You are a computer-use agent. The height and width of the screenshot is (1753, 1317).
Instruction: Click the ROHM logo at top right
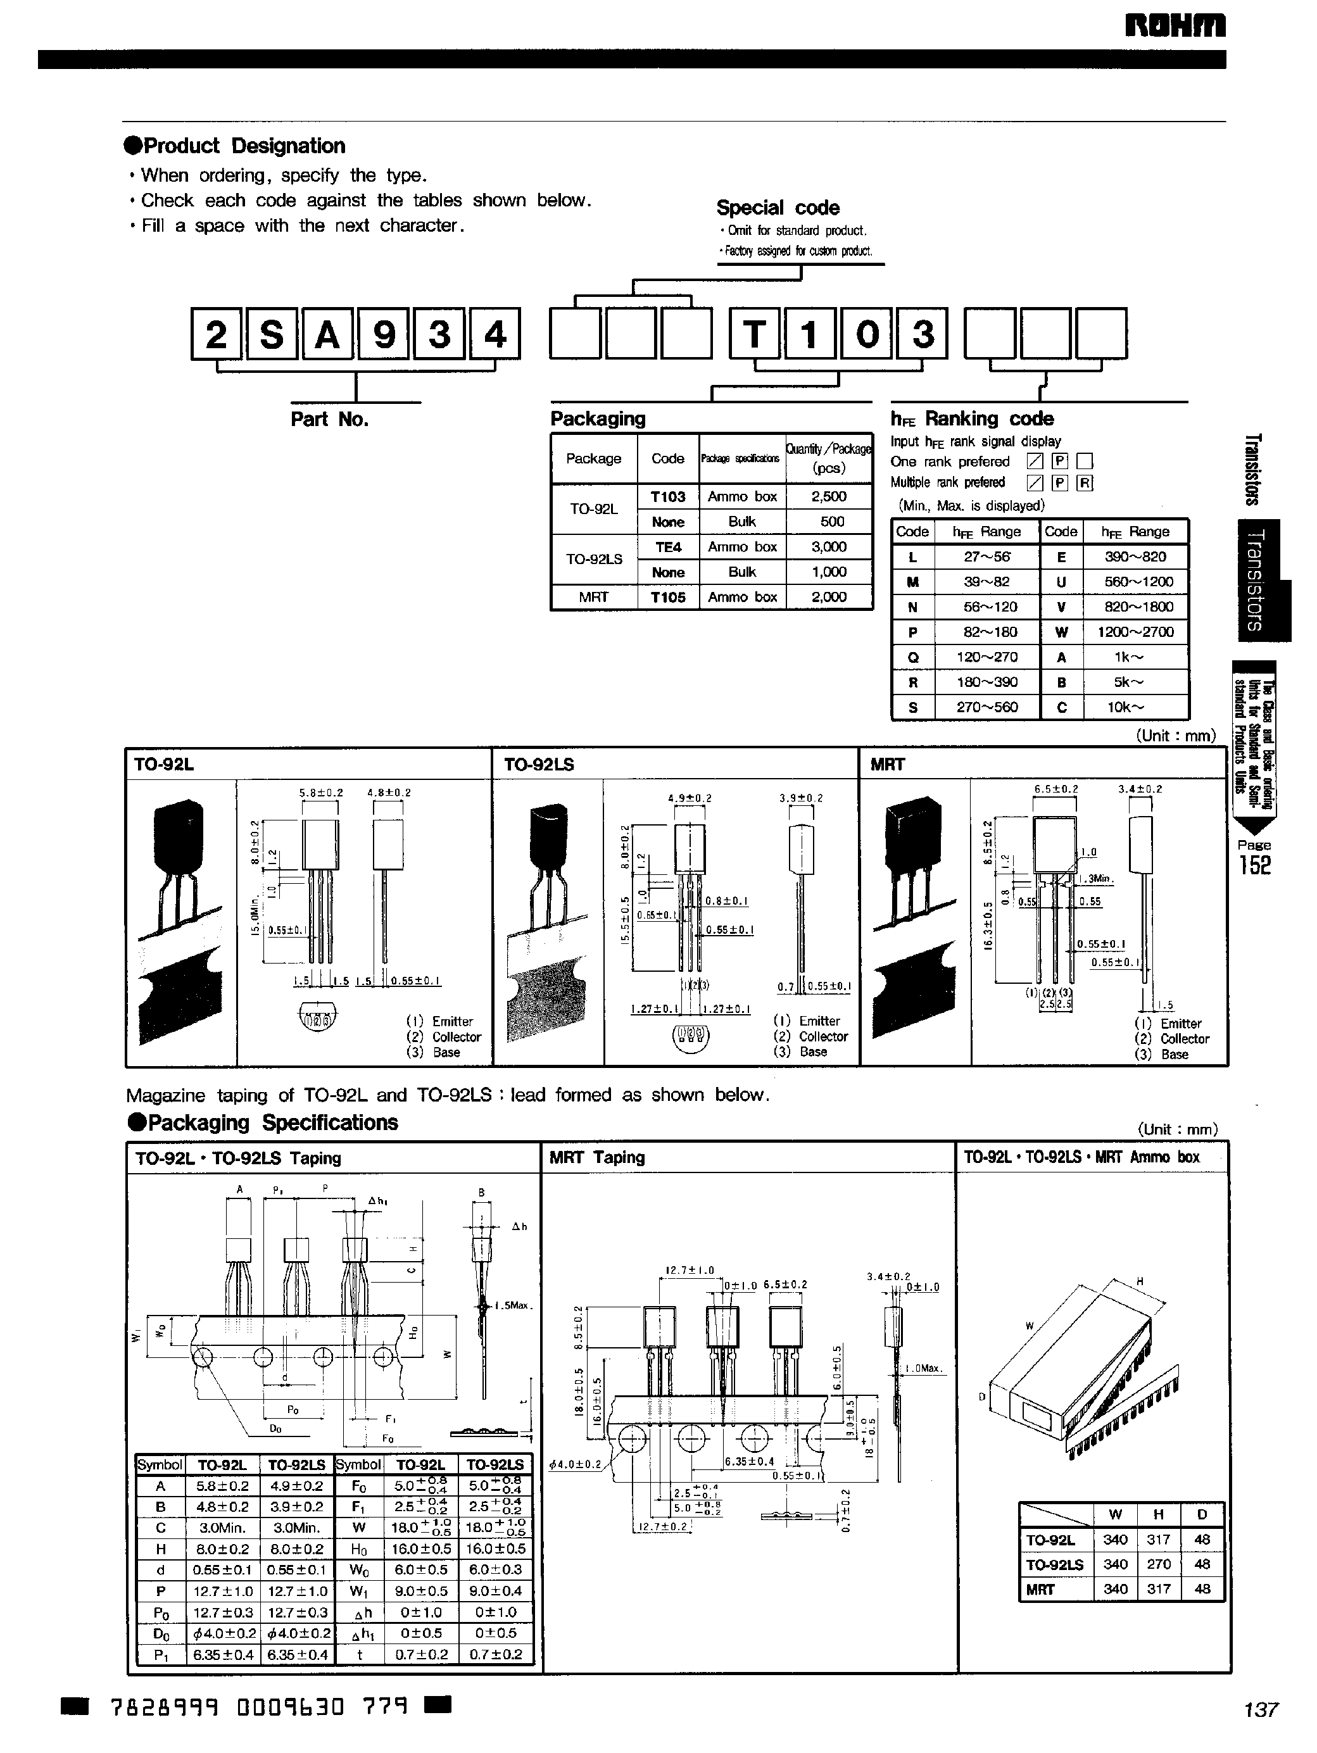coord(1175,26)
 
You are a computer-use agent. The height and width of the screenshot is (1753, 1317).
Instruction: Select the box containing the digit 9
coord(384,334)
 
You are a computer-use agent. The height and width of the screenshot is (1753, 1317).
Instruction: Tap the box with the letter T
coord(754,334)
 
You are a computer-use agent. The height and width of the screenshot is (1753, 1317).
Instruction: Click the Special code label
coord(778,208)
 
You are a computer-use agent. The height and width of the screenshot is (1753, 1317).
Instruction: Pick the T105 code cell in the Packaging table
coord(667,598)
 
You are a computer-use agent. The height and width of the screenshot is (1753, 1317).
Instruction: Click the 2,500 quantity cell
coord(828,497)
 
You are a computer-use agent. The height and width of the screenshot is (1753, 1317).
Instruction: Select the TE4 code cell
coord(667,547)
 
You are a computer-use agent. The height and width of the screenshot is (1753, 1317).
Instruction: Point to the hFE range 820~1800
coord(1135,607)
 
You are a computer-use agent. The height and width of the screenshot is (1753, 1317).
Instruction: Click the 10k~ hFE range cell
coord(1125,707)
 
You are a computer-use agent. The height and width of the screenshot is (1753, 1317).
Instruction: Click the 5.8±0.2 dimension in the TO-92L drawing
coord(320,792)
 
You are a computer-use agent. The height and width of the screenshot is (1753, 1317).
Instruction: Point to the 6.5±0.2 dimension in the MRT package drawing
coord(1055,789)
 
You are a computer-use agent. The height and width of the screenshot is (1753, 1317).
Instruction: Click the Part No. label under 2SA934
coord(330,419)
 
